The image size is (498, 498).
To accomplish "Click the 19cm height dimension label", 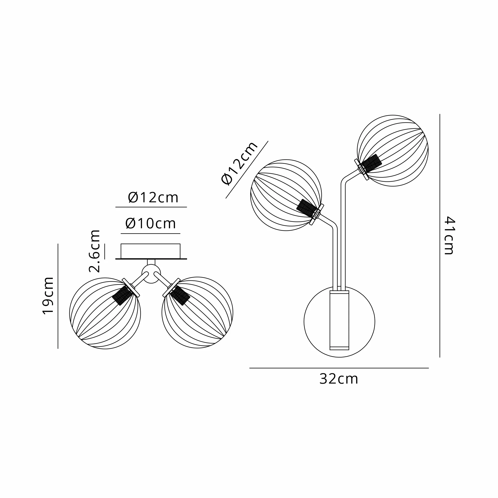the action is coord(48,296).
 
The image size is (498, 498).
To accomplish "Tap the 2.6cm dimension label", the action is coord(94,251).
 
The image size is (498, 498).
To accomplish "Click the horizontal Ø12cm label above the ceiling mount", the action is coord(153,198).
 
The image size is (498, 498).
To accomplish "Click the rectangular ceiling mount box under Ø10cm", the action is coord(151,251).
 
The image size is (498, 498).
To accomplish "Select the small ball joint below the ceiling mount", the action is coord(151,274).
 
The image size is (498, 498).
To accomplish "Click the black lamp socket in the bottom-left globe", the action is coord(123,295).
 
